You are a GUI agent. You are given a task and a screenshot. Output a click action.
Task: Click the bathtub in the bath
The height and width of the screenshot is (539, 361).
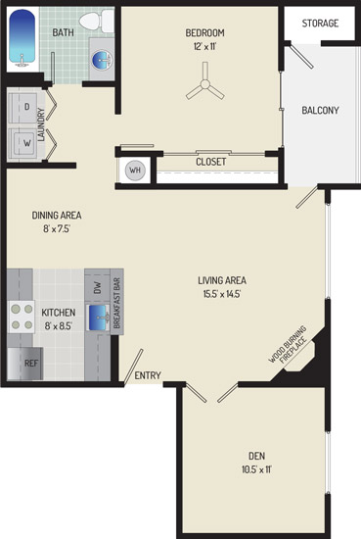22,37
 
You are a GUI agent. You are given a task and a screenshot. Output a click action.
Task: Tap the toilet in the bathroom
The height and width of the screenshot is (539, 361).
97,21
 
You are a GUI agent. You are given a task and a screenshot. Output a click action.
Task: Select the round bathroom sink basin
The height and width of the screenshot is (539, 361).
102,60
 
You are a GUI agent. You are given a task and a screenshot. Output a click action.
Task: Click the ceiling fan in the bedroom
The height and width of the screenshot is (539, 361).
205,83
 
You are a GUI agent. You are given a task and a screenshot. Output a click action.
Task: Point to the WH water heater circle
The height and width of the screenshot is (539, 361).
135,171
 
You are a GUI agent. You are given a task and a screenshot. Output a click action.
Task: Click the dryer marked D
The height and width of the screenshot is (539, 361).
23,108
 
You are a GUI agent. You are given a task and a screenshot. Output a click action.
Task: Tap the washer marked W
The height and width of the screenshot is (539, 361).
23,144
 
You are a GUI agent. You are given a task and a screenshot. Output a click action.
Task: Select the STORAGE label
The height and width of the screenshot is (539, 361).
320,24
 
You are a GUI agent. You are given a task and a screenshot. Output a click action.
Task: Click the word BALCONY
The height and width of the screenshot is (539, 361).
320,111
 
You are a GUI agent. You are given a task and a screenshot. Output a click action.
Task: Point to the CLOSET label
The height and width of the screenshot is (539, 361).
210,162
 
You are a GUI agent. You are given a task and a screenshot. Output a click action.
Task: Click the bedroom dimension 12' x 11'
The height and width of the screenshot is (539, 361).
204,46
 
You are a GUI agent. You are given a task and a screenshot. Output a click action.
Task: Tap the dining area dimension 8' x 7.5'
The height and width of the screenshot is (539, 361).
57,228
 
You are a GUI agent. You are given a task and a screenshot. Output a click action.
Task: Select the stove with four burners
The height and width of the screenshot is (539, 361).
22,317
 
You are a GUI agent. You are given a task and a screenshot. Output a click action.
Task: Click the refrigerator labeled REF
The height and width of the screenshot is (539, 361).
25,364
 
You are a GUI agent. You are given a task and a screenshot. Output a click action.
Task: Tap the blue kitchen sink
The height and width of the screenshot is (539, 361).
99,318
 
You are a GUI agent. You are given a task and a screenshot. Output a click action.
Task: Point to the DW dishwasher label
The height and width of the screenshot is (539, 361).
98,287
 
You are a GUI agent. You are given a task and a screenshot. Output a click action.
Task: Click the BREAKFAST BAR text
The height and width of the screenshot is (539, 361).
116,303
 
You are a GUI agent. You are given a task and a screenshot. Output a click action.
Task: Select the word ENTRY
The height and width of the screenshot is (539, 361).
148,375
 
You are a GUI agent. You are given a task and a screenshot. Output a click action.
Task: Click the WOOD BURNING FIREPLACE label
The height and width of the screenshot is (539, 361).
288,345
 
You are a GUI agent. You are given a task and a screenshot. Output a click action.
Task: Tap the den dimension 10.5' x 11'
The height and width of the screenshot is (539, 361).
256,469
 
